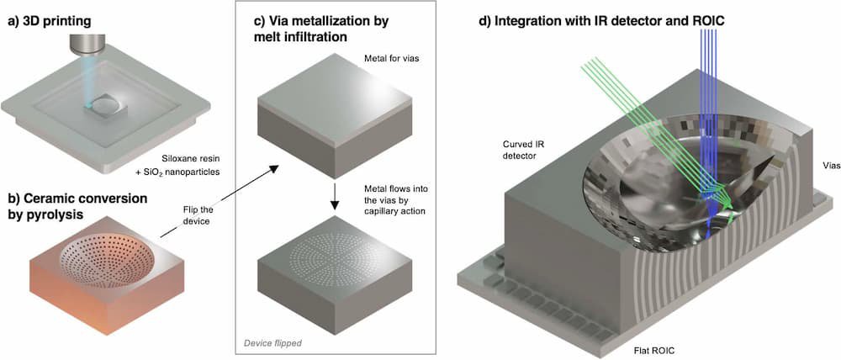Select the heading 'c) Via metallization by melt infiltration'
pos(329,26)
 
